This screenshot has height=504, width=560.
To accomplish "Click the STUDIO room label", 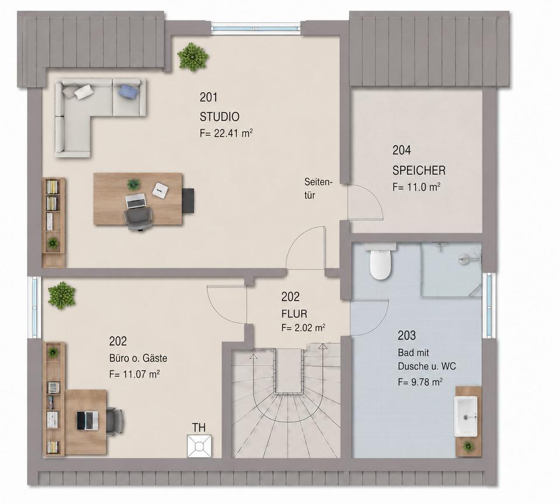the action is pyautogui.click(x=219, y=117).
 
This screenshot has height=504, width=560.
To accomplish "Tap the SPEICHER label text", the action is pyautogui.click(x=419, y=170).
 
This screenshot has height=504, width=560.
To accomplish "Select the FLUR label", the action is pyautogui.click(x=294, y=314).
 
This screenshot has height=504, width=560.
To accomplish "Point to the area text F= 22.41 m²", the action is pyautogui.click(x=226, y=133).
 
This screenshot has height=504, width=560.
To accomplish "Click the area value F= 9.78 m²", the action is pyautogui.click(x=421, y=382).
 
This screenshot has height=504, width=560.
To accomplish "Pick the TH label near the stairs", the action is pyautogui.click(x=199, y=427).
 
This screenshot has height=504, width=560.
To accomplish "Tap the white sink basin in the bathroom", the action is pyautogui.click(x=466, y=416).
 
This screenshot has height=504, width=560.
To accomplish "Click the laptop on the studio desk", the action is pyautogui.click(x=136, y=201).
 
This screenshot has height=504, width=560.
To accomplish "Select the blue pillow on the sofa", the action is pyautogui.click(x=128, y=92).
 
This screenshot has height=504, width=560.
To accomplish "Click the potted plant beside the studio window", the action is pyautogui.click(x=193, y=57).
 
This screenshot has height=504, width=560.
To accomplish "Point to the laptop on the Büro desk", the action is pyautogui.click(x=87, y=421).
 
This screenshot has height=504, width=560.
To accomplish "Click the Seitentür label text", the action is pyautogui.click(x=318, y=188).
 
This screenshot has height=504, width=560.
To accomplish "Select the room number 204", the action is pyautogui.click(x=401, y=150).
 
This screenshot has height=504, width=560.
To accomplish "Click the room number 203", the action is pyautogui.click(x=407, y=335).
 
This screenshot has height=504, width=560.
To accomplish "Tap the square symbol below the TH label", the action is pyautogui.click(x=199, y=446).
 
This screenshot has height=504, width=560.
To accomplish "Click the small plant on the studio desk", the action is pyautogui.click(x=134, y=184).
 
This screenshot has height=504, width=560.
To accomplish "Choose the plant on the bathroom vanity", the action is pyautogui.click(x=468, y=446).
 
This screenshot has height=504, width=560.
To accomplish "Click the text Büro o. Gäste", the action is pyautogui.click(x=138, y=358).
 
